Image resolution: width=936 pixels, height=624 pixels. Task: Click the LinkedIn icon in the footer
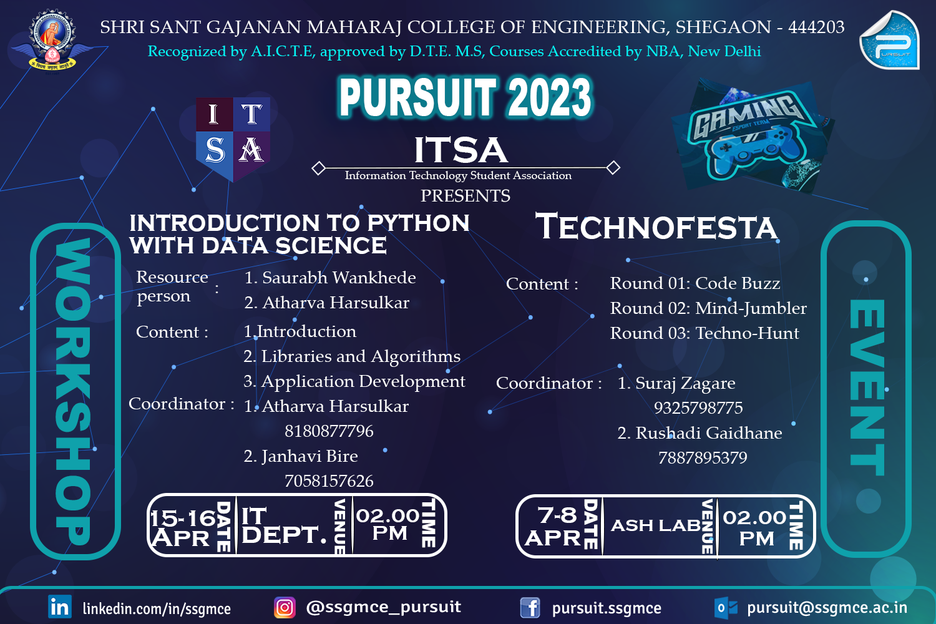60,607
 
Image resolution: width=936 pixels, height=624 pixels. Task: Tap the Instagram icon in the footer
285,607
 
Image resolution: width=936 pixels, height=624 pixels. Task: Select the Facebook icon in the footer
530,607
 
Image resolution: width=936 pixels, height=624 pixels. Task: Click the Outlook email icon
726,608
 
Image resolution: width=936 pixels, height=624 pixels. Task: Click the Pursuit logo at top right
889,41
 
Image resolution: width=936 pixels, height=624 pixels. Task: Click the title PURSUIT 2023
465,98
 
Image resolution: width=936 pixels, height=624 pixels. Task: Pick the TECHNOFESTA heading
656,227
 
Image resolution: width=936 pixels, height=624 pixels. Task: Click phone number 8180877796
329,431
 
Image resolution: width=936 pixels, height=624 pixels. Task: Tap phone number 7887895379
703,458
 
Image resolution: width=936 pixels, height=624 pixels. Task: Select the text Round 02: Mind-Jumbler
708,308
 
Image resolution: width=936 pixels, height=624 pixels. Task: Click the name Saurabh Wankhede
339,278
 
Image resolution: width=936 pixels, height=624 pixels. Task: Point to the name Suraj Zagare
685,383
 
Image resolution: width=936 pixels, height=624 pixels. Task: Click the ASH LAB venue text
655,525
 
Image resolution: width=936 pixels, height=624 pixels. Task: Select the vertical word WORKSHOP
74,391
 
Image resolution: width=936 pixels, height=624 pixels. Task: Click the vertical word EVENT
867,388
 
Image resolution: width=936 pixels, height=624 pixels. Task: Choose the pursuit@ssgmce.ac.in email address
827,608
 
